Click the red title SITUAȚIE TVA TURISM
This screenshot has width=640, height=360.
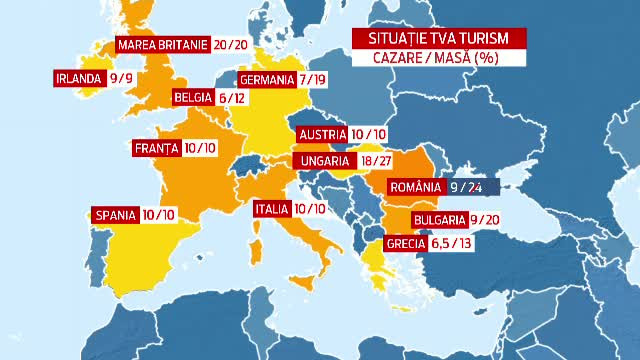pyautogui.click(x=425, y=38)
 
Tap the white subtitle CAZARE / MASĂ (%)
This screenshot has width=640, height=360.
pyautogui.click(x=425, y=57)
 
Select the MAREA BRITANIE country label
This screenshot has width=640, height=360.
pyautogui.click(x=162, y=44)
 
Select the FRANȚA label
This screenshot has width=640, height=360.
pyautogui.click(x=156, y=149)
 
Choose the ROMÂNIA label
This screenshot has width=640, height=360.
pyautogui.click(x=415, y=187)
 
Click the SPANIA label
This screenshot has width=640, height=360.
pyautogui.click(x=114, y=214)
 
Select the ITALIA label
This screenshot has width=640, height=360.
pyautogui.click(x=271, y=210)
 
